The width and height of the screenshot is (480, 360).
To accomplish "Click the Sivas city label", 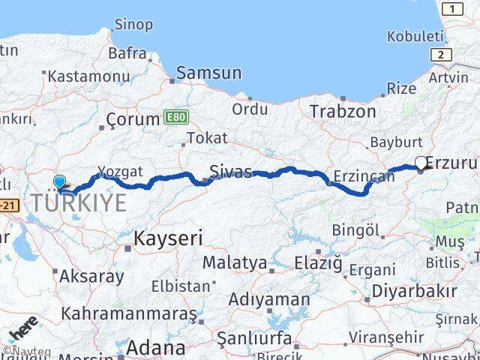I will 231,170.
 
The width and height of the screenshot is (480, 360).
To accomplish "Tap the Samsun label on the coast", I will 209,73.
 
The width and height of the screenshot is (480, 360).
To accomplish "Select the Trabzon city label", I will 343,111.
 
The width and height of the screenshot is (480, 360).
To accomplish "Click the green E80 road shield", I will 174,117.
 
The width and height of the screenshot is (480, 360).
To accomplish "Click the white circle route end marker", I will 421,162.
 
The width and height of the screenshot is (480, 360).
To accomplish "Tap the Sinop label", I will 133,25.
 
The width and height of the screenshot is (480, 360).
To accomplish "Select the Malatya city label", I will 235,263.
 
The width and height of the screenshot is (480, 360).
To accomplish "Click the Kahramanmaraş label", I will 130,313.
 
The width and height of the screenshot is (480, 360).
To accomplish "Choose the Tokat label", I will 206,139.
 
